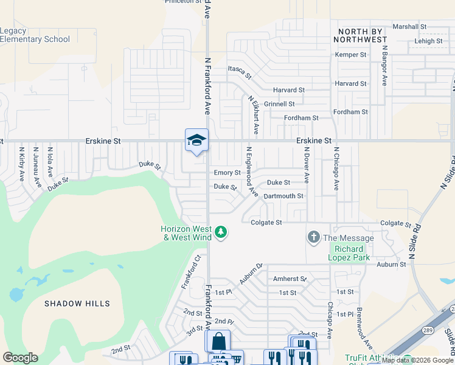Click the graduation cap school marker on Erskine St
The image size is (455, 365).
point(196,141)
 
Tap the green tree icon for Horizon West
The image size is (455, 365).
point(221,232)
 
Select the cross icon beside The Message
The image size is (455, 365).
point(314,237)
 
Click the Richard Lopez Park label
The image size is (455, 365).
point(349,253)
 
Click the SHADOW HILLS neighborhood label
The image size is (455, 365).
point(77,304)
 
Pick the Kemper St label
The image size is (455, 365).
point(351,55)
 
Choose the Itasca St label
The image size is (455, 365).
point(240,72)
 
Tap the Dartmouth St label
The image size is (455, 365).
point(283,196)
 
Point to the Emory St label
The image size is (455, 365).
point(227,173)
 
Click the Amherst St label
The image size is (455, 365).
point(290,279)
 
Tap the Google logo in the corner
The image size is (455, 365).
point(20,358)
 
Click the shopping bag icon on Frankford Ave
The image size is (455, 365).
point(218,341)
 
